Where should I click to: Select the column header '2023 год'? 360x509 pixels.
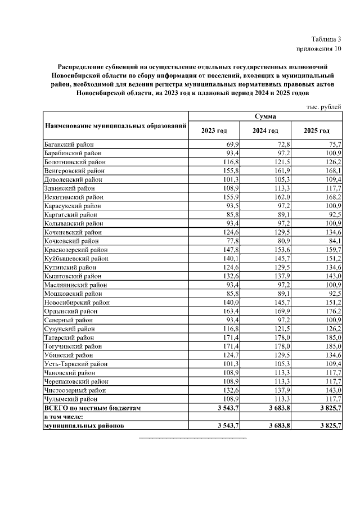pyautogui.click(x=214, y=130)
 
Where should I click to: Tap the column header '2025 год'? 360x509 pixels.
pyautogui.click(x=316, y=130)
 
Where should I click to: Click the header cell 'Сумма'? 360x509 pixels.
pyautogui.click(x=265, y=116)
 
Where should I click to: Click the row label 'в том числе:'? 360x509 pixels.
pyautogui.click(x=64, y=416)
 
